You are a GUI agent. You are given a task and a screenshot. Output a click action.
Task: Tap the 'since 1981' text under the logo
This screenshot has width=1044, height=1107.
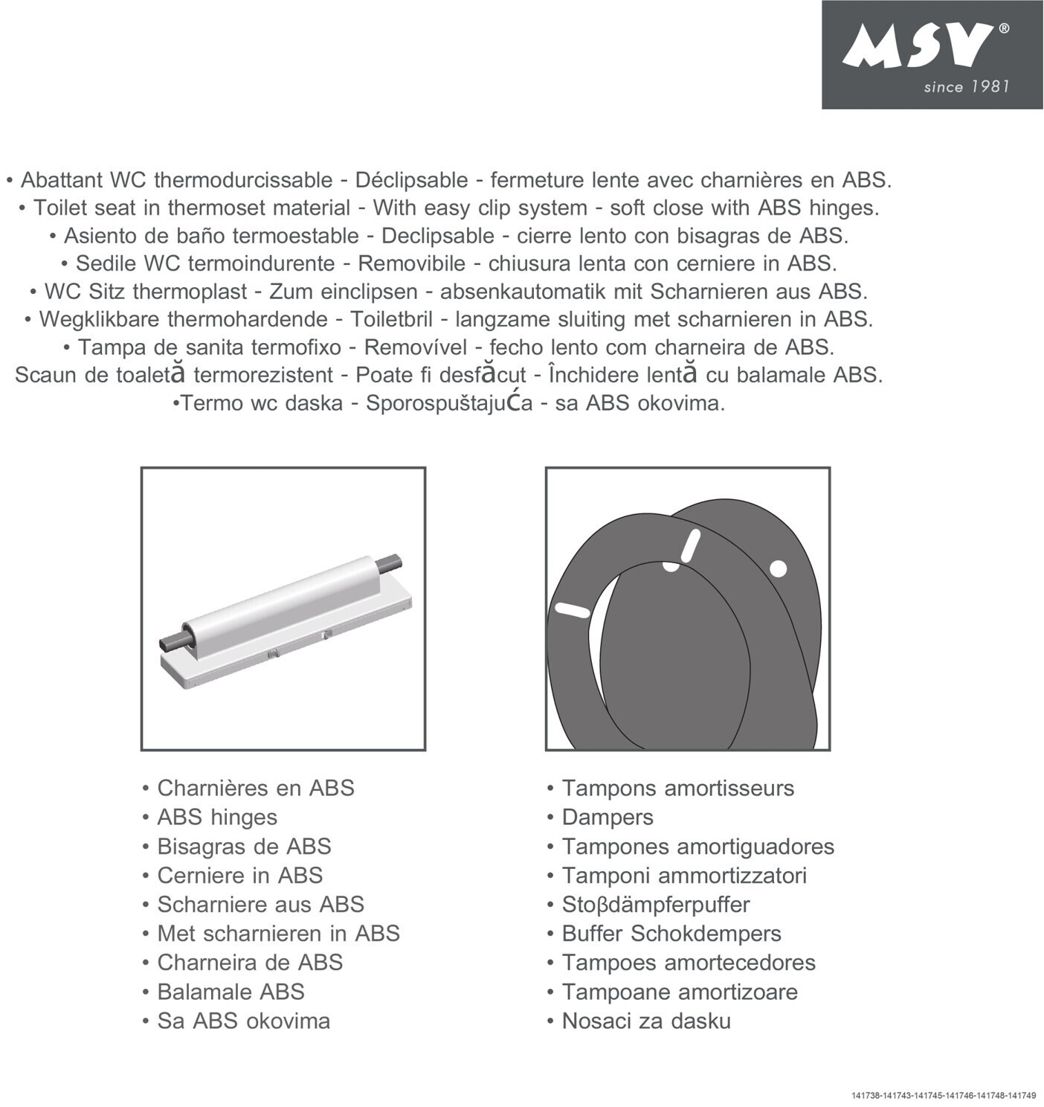click(x=966, y=87)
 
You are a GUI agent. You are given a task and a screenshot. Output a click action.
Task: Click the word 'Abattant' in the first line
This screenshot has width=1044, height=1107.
click(x=62, y=180)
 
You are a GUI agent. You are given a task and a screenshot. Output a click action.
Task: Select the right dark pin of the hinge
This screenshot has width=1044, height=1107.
click(x=390, y=560)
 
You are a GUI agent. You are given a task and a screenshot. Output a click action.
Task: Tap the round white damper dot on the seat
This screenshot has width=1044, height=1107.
click(x=778, y=568)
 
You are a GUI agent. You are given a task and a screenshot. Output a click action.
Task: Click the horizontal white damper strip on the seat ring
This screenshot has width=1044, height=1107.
click(x=573, y=609)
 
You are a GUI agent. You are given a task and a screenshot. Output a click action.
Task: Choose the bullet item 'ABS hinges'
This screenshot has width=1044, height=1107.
click(x=216, y=817)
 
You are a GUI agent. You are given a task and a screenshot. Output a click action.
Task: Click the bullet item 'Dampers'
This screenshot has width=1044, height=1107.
click(x=607, y=817)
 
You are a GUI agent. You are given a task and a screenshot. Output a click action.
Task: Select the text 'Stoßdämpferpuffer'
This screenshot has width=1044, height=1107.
click(x=655, y=905)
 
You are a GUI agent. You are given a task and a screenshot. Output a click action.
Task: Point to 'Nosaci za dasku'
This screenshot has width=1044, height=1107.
click(x=645, y=1021)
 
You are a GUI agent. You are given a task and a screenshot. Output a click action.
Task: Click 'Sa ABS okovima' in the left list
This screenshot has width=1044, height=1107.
click(x=243, y=1021)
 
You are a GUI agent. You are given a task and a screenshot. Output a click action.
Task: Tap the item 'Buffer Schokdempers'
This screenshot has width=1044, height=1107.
click(x=671, y=934)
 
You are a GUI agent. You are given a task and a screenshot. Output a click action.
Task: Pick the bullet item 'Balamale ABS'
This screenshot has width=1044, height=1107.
click(x=231, y=992)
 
